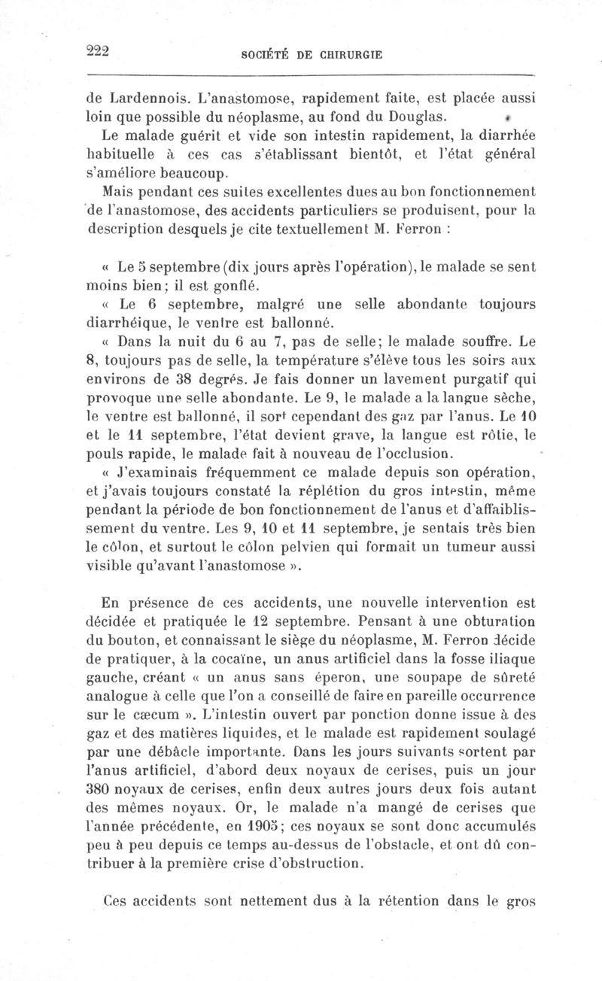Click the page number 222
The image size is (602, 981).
99,51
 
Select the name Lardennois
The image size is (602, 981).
148,98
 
